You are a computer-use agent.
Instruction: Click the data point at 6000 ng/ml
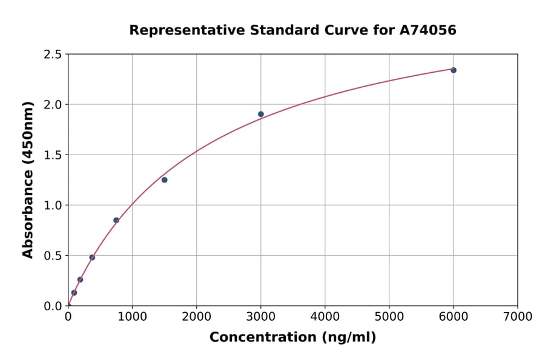[x=453, y=70]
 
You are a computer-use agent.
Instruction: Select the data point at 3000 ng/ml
[x=260, y=114]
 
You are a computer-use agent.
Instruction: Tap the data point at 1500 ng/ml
[x=164, y=180]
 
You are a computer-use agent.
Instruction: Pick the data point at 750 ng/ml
[x=116, y=220]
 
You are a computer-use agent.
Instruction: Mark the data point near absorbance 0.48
[x=92, y=258]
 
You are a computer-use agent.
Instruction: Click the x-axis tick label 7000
[x=517, y=316]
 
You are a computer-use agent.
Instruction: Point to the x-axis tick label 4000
[x=325, y=316]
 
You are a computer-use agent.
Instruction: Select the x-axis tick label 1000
[x=132, y=316]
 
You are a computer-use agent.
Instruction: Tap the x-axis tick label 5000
[x=389, y=316]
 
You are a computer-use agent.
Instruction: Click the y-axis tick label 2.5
[x=53, y=55]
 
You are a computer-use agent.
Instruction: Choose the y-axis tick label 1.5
[x=53, y=155]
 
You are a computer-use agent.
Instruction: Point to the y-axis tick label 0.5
[x=53, y=256]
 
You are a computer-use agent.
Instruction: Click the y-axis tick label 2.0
[x=53, y=105]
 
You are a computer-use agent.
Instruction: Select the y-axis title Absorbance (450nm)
[x=28, y=179]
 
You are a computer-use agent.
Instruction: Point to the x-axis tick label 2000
[x=196, y=316]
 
